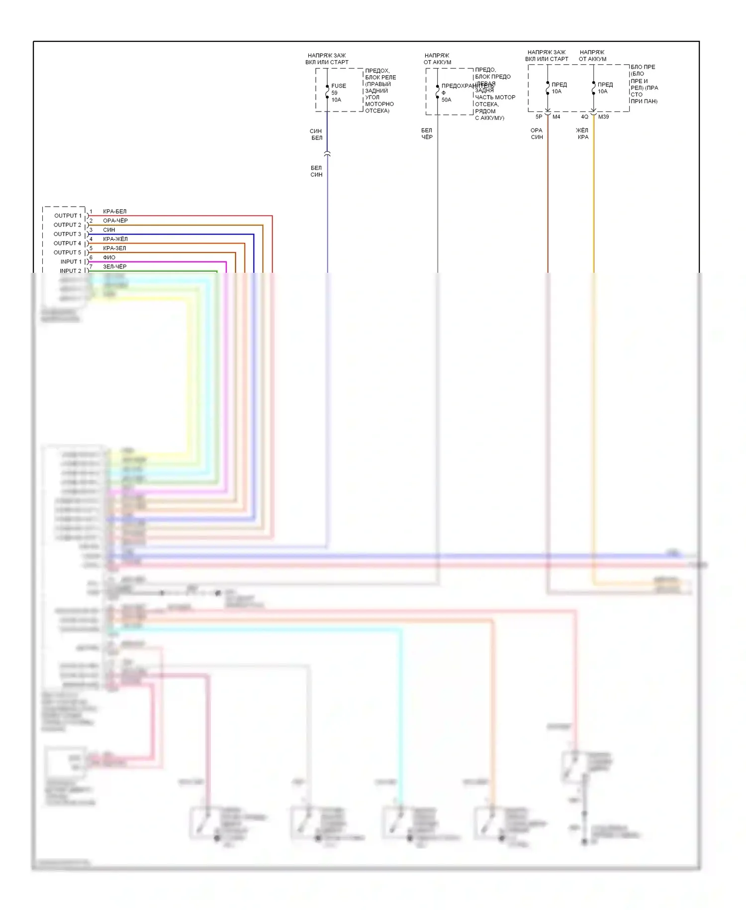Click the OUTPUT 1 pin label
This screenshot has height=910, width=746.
68,216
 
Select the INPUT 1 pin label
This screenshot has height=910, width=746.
71,261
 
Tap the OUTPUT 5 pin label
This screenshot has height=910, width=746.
68,252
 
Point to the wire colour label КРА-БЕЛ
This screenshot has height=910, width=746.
114,212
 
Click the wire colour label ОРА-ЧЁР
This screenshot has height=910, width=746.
115,221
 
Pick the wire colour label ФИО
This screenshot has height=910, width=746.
109,257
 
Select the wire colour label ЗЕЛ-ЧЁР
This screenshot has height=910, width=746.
114,266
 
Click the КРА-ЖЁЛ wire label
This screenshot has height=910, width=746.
115,239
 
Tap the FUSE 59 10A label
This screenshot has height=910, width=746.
338,93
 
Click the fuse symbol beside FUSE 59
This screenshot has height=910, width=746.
327,92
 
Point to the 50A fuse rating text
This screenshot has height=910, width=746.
446,100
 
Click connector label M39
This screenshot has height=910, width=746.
603,117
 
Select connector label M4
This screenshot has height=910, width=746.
556,117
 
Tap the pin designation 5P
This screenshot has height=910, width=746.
539,117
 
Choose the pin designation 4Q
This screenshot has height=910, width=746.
584,117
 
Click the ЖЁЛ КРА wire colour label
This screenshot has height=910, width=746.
582,133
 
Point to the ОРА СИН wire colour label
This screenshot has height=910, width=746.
537,133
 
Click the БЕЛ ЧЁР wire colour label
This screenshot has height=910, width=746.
427,133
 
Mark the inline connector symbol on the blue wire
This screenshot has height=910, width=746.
327,153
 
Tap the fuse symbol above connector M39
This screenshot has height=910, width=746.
593,88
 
